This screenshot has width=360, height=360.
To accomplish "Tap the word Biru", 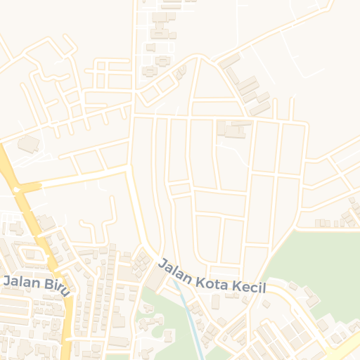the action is coord(58,285).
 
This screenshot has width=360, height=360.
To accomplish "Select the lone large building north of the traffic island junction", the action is coord(29,145).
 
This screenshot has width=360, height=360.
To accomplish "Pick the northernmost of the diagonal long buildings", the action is coord(231,62).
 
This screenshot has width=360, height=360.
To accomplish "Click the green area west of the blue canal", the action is coord(158,309).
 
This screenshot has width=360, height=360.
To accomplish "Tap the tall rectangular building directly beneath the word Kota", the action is coord(215,301).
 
